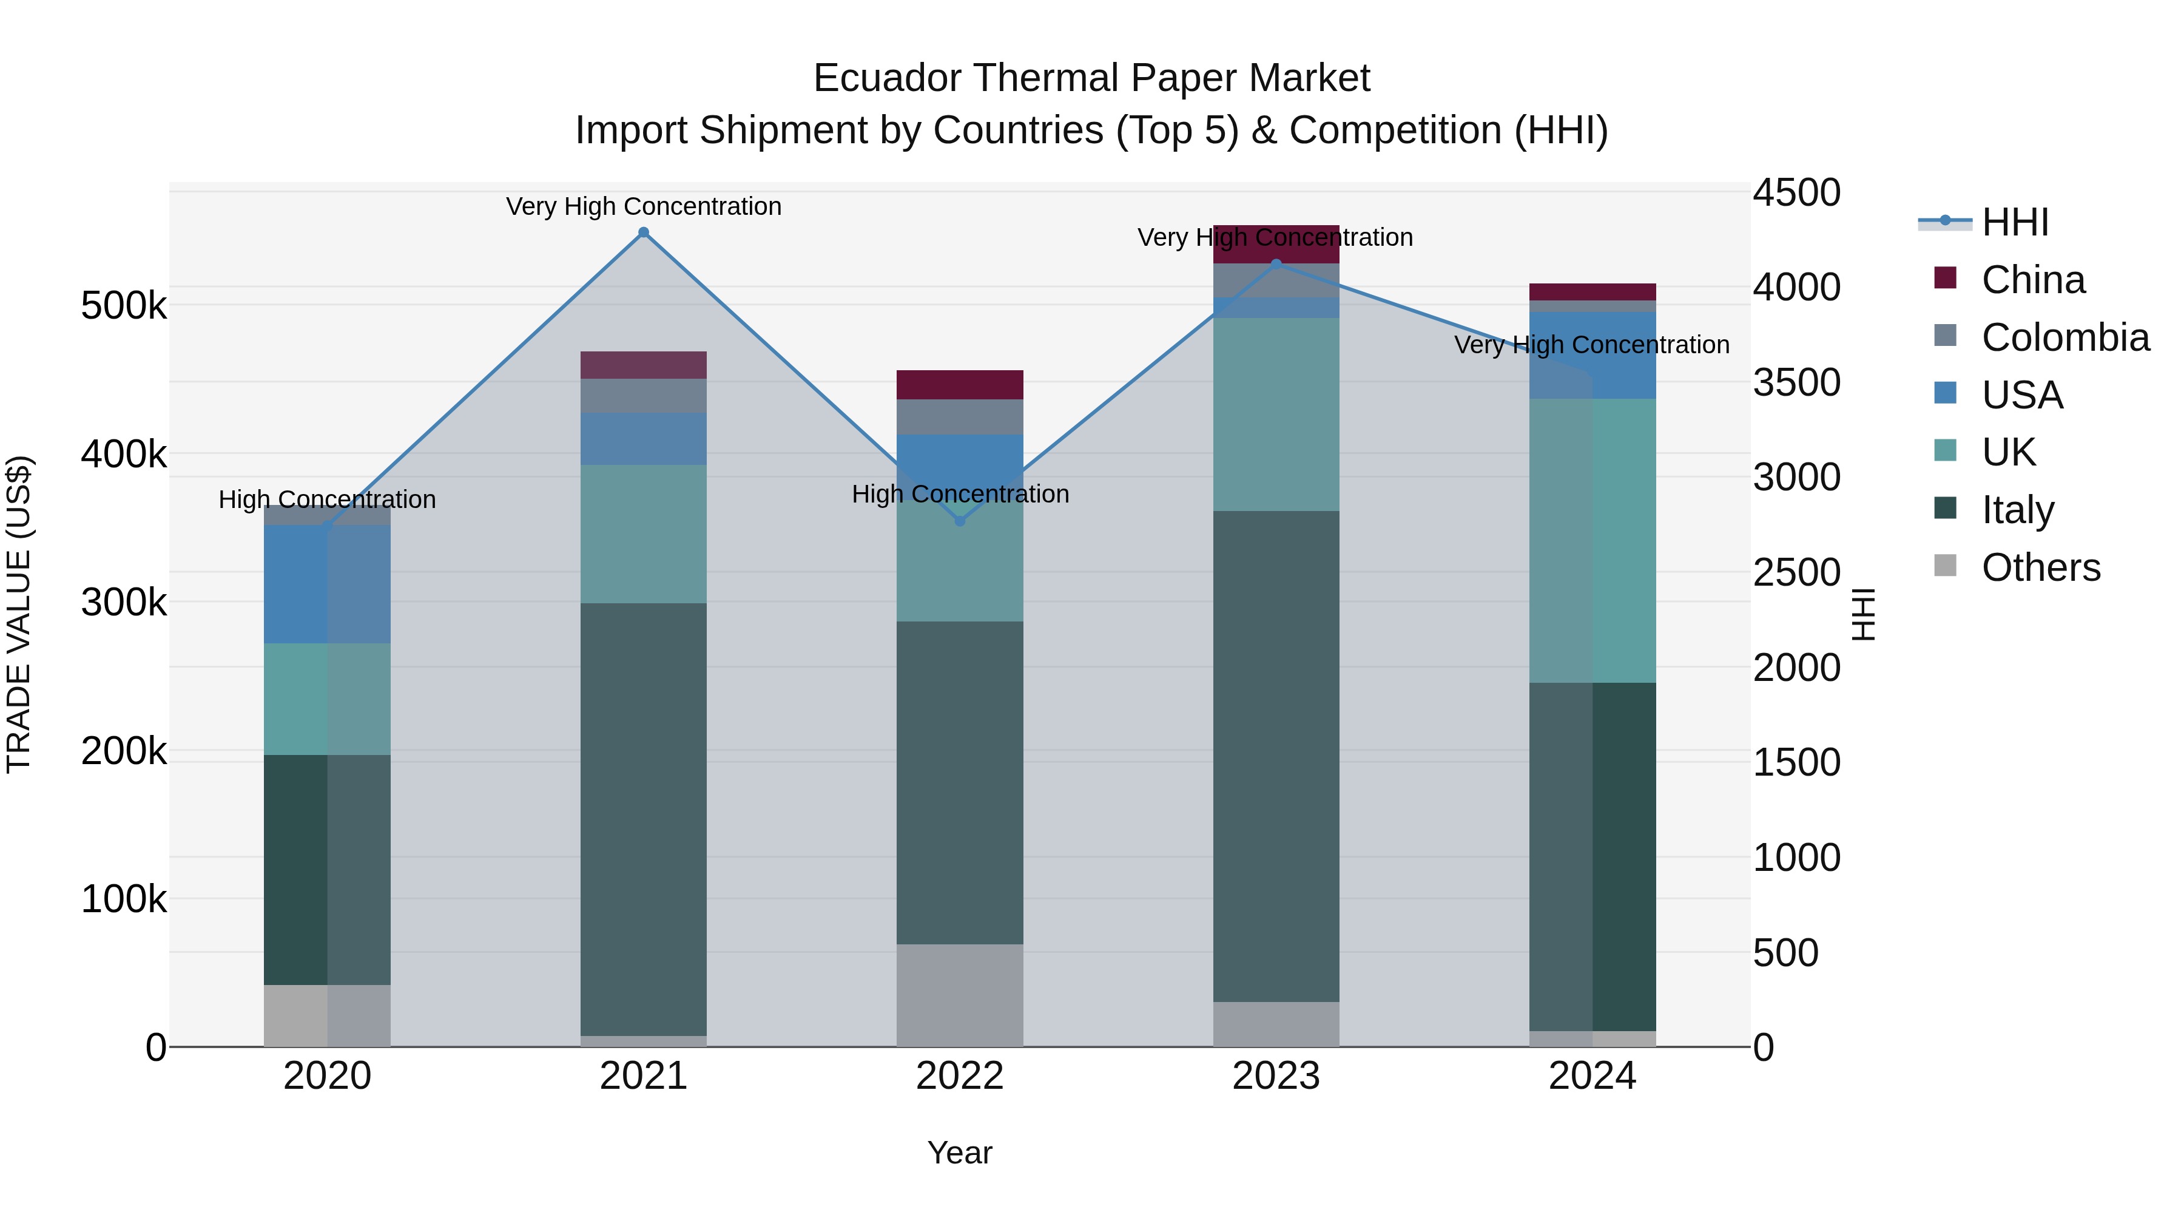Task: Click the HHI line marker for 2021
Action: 644,232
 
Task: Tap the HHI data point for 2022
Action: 960,521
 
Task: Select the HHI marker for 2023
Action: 1276,265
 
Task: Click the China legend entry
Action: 2032,280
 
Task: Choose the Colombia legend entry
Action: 2064,337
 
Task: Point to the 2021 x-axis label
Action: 644,1076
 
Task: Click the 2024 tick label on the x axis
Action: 1592,1076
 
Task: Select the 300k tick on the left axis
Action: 124,602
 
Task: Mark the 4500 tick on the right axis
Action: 1796,192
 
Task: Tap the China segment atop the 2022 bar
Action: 960,384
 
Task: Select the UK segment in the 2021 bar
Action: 644,533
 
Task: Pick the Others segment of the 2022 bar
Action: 960,995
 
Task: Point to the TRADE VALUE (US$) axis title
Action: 19,614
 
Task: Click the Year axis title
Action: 960,1153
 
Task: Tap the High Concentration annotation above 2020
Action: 327,499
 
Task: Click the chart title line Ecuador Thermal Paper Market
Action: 1091,78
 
